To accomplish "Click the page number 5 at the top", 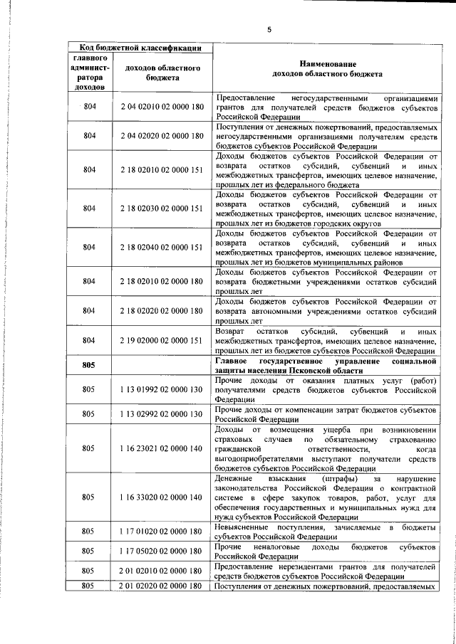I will click(269, 29).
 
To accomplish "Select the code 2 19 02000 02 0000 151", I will click(162, 340).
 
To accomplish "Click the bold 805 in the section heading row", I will click(88, 365).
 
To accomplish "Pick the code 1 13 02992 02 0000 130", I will click(162, 413).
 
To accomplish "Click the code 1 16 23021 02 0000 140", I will click(162, 448).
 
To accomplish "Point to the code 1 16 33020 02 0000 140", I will click(162, 497).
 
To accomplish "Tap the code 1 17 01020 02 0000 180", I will click(162, 531).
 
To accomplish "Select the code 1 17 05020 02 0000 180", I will click(162, 551).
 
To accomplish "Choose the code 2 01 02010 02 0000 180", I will click(162, 571).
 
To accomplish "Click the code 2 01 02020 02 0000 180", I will click(162, 585).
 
